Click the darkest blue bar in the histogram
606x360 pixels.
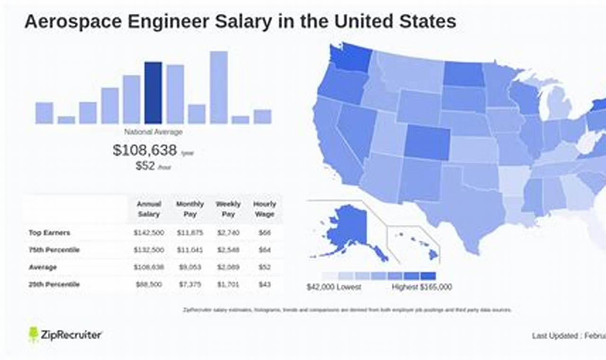[153, 93]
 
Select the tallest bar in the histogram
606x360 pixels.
[218, 87]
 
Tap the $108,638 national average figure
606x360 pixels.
[145, 150]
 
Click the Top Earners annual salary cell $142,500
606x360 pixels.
[149, 233]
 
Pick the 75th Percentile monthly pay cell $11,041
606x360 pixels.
[190, 250]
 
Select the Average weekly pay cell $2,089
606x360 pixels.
[228, 267]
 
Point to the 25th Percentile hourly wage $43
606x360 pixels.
[264, 284]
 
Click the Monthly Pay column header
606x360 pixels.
[190, 209]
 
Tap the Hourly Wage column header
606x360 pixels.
[264, 209]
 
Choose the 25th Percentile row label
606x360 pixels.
[54, 284]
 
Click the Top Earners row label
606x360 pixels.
[49, 233]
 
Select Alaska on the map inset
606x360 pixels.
[346, 227]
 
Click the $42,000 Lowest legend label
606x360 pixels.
[334, 287]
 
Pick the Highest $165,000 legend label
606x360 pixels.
[421, 287]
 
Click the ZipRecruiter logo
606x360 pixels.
[65, 334]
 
